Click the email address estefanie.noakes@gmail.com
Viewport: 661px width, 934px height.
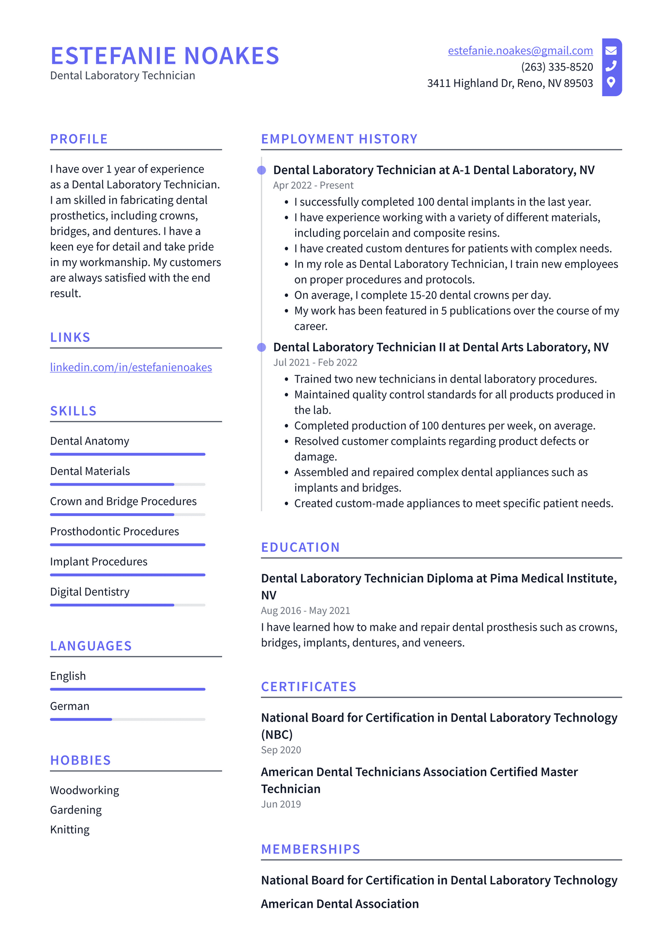tap(520, 51)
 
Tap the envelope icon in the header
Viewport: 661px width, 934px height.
tap(611, 50)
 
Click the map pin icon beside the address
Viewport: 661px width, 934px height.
tap(611, 82)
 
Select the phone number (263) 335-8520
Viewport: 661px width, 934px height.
tap(557, 67)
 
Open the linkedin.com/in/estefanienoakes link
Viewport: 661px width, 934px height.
tap(131, 368)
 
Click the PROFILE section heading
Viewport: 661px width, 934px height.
tap(79, 139)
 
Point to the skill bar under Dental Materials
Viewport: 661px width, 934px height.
tap(128, 484)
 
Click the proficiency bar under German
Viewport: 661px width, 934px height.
tap(128, 719)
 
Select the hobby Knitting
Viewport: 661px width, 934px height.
tap(70, 830)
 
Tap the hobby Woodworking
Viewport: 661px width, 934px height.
tap(85, 790)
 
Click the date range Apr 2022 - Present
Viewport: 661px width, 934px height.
tap(313, 186)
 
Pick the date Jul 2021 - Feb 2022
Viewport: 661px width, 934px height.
tap(315, 363)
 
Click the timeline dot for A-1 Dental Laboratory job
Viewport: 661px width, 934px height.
tap(262, 170)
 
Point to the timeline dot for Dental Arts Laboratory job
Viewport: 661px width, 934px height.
tap(262, 347)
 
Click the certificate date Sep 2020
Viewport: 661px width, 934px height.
tap(281, 750)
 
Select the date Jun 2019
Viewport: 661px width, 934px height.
tap(281, 804)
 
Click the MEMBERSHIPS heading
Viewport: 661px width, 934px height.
tap(311, 849)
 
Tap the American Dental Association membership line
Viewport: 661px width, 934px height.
tap(340, 904)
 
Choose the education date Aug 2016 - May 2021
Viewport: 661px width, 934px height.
tap(305, 611)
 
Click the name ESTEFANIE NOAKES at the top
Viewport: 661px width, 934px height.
tap(165, 56)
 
